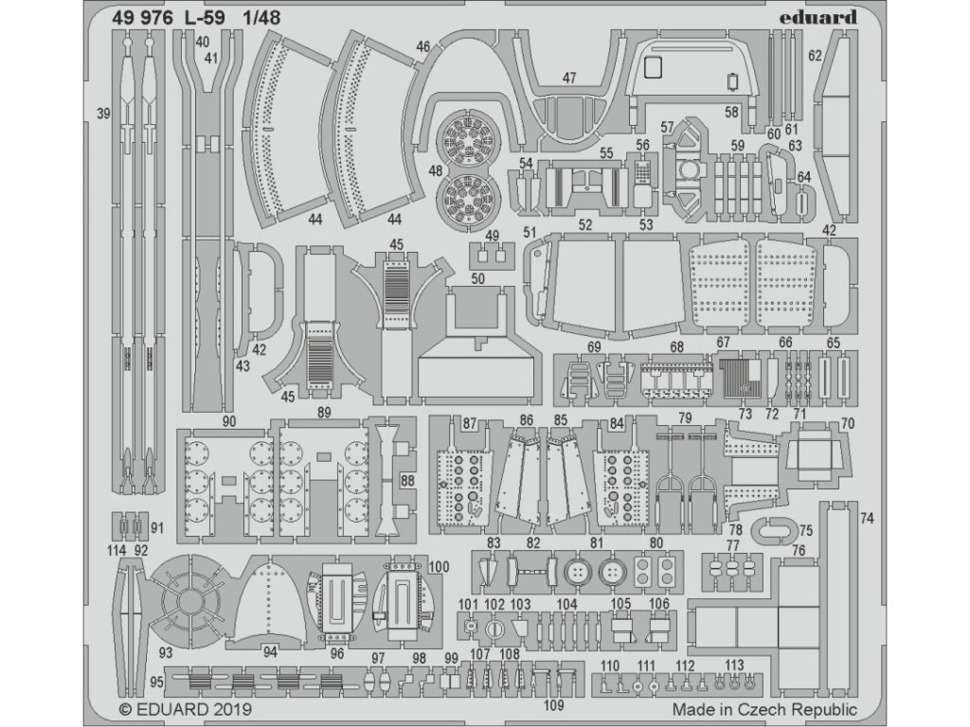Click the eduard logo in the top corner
coord(821,16)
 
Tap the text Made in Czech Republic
coord(764,708)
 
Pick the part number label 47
coord(568,79)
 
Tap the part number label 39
coord(103,114)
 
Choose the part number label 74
coord(867,518)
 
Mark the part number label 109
coord(555,703)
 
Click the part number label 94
coord(270,652)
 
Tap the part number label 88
coord(408,480)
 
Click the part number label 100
coord(439,567)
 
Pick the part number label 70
coord(847,422)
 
